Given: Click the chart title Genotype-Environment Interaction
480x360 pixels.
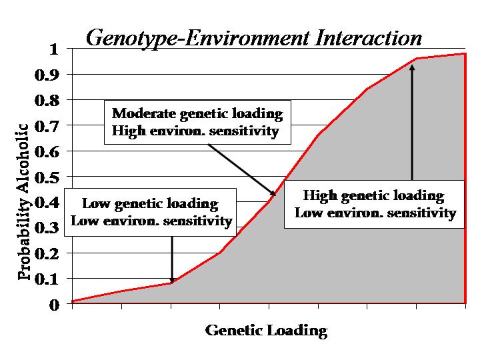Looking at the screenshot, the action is (254, 38).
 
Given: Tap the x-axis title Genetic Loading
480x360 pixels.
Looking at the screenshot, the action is (266, 331).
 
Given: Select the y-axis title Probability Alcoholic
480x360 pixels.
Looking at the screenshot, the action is (24, 201).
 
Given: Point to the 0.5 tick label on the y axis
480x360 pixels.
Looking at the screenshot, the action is (47, 177).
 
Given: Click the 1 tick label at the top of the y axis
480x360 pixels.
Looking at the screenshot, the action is (54, 49).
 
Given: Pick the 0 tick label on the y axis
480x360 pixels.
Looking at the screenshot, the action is (54, 305).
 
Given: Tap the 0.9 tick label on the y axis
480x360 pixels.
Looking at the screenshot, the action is (47, 75).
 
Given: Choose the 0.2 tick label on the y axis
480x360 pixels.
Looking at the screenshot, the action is (47, 254).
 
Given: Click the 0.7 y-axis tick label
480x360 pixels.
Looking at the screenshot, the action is (47, 126).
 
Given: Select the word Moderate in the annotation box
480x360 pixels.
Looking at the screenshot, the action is (144, 113).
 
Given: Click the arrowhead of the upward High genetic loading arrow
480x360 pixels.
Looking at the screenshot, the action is (413, 67).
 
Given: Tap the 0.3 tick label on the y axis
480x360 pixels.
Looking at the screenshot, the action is (47, 229).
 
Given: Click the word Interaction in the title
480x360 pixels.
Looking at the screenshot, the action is (368, 38).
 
